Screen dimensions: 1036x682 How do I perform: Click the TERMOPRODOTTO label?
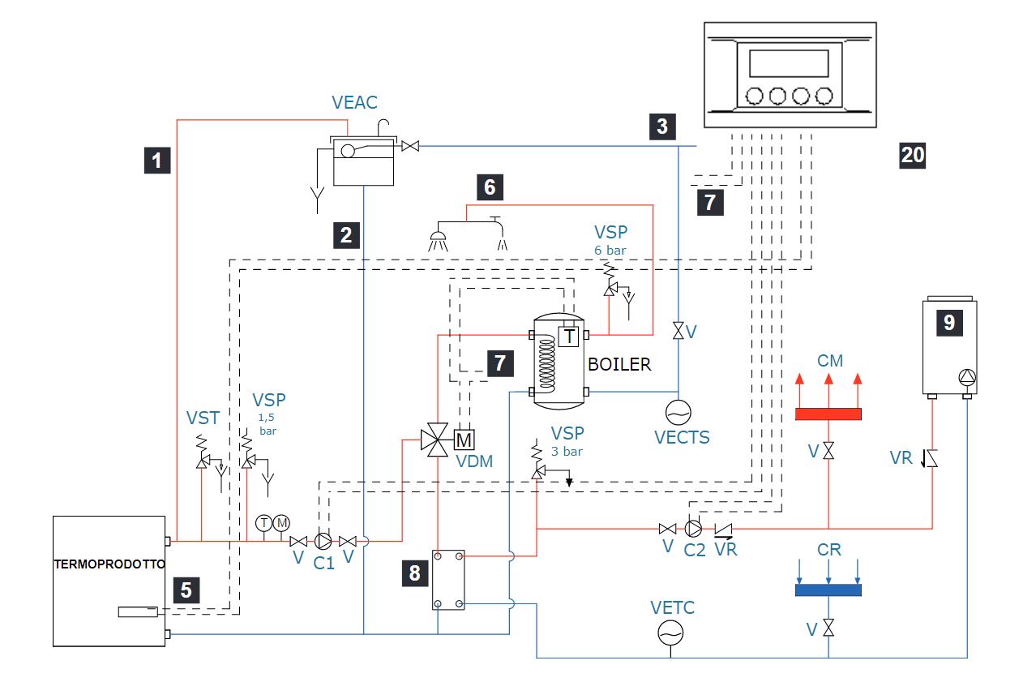point(109,564)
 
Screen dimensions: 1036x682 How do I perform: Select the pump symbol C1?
point(323,541)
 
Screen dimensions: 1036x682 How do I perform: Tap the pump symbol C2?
point(693,528)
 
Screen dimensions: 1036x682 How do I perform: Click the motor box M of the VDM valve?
point(464,440)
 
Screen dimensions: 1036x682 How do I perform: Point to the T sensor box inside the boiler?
point(569,337)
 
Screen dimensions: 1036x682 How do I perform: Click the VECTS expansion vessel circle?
point(678,412)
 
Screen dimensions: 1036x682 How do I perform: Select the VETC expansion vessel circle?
point(670,633)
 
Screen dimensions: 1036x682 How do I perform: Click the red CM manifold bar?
point(828,414)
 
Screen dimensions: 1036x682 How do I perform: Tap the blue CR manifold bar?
point(828,590)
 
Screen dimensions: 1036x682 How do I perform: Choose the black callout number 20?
point(912,155)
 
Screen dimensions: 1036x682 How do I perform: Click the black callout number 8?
point(415,573)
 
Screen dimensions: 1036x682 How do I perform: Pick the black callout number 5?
point(186,590)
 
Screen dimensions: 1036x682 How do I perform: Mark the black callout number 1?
point(157,161)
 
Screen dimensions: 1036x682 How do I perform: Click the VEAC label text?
point(355,102)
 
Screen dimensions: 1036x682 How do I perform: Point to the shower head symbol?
point(438,240)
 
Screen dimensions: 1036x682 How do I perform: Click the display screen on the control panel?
point(789,63)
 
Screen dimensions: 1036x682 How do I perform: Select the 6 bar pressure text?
point(610,251)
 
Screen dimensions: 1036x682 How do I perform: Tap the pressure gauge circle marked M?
point(281,523)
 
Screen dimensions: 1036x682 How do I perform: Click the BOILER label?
point(619,365)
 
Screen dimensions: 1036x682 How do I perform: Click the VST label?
point(203,418)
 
